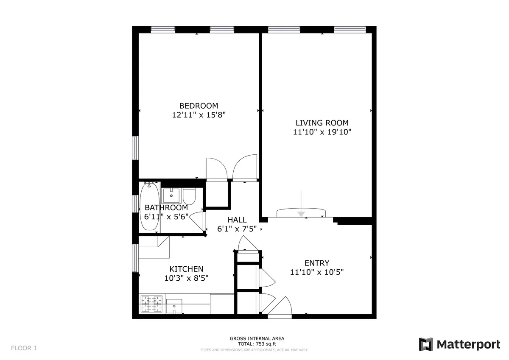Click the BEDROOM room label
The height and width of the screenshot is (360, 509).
click(199, 106)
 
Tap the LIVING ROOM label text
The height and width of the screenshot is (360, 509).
click(322, 123)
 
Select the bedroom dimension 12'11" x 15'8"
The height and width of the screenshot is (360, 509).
click(199, 114)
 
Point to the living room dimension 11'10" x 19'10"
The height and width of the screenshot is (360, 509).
click(322, 132)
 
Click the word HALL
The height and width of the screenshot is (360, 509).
click(237, 220)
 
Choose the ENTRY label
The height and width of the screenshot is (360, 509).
click(316, 263)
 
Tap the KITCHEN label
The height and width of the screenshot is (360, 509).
click(186, 269)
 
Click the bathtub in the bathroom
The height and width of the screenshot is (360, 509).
click(149, 207)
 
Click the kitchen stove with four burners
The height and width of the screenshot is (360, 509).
click(151, 304)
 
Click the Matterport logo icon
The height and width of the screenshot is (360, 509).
click(426, 344)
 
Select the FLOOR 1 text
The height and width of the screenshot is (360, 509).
click(24, 348)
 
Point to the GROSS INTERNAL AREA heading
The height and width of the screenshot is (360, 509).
click(257, 338)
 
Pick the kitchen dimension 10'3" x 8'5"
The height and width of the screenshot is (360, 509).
click(186, 278)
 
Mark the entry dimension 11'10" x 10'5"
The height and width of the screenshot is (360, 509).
click(316, 272)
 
